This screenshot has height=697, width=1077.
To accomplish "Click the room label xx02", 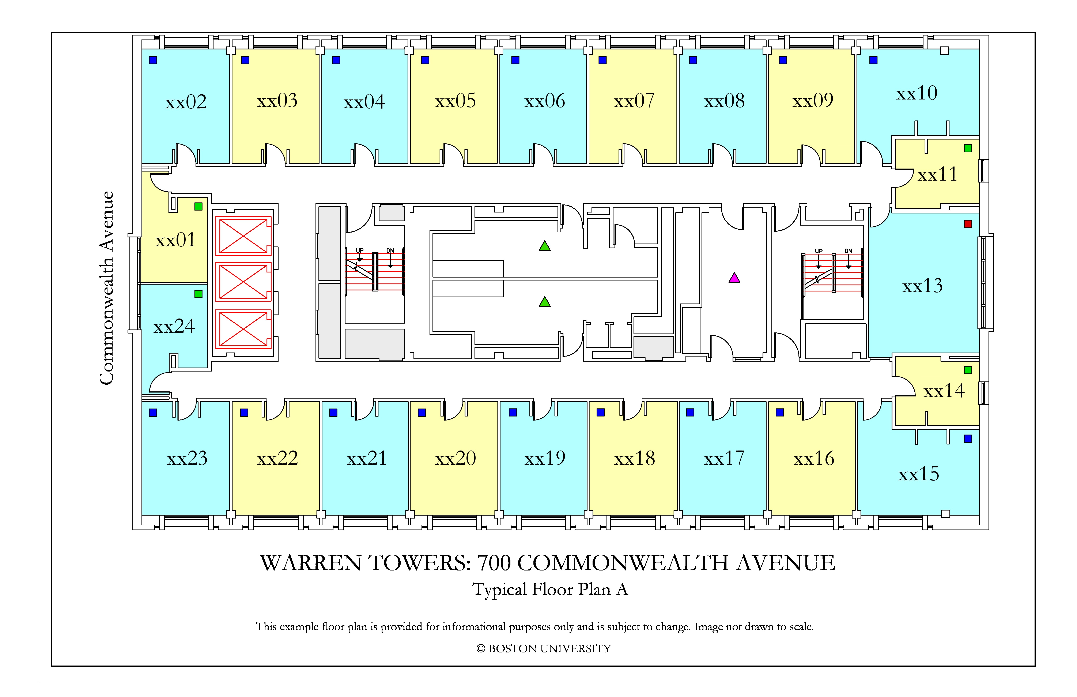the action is coord(186,102).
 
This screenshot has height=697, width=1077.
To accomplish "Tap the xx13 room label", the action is coord(922,286).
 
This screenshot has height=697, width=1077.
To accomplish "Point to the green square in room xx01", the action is coord(198,206).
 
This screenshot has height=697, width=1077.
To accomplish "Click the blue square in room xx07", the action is coord(602,60).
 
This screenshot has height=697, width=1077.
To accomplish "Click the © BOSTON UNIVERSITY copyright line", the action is coord(544,649).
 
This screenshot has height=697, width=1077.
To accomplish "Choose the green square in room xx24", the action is coord(198,294).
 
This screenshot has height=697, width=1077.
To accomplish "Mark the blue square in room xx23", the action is coord(153,412).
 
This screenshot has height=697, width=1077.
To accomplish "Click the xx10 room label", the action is coord(917,93).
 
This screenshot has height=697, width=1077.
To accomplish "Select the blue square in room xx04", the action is coord(336,60).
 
